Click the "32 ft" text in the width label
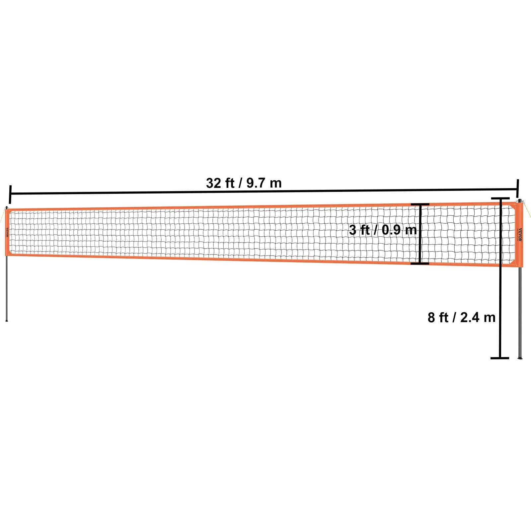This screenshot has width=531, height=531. pos(220,183)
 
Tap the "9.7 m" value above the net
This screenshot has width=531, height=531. pos(264,183)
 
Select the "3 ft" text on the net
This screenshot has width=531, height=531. pos(359,230)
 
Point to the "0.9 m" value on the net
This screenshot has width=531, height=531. pos(399,230)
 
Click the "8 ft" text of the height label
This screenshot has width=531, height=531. pos(438,318)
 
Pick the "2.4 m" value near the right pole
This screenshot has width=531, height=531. pos(478,318)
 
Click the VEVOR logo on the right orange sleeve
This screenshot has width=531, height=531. pos(520,235)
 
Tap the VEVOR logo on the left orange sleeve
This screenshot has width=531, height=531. pos(7,232)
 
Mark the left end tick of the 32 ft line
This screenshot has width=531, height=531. pos(10,194)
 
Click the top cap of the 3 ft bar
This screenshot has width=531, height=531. pos(420,204)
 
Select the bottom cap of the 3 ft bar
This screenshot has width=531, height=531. pos(420,264)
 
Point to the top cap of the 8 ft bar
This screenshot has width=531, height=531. pos(500,198)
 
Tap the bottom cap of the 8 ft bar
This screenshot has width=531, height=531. pos(500,358)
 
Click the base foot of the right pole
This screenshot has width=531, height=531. pos(520,357)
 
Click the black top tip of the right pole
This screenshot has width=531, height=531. pos(519,201)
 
